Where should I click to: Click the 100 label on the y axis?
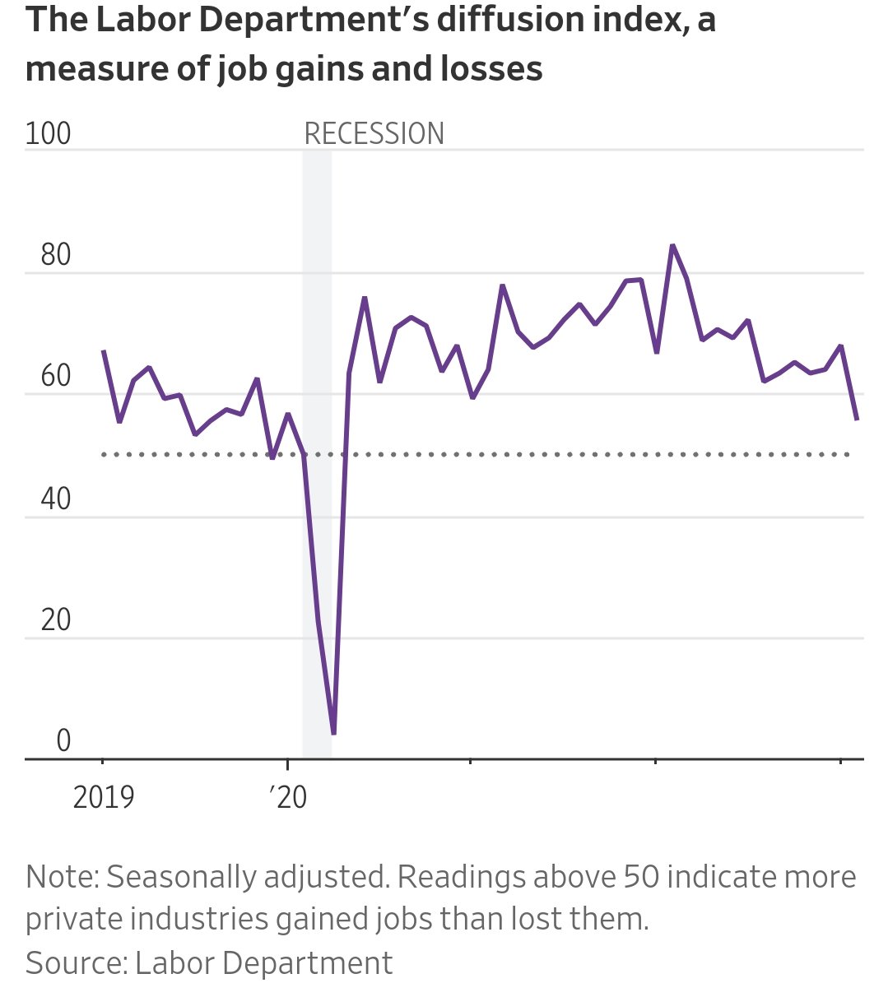click(x=48, y=133)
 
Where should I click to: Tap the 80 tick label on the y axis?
click(x=55, y=255)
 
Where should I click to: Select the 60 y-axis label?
click(x=55, y=377)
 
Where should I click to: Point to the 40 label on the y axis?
click(x=55, y=498)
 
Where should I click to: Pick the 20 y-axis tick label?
click(x=55, y=620)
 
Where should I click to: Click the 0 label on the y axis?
click(x=63, y=741)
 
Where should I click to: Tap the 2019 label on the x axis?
click(x=104, y=797)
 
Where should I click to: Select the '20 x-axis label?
click(x=288, y=797)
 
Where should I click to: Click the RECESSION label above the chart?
click(x=374, y=133)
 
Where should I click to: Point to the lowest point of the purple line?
click(x=333, y=732)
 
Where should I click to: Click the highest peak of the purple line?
click(x=672, y=245)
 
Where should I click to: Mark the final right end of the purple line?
click(x=857, y=420)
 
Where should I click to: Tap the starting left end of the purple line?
click(x=103, y=351)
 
